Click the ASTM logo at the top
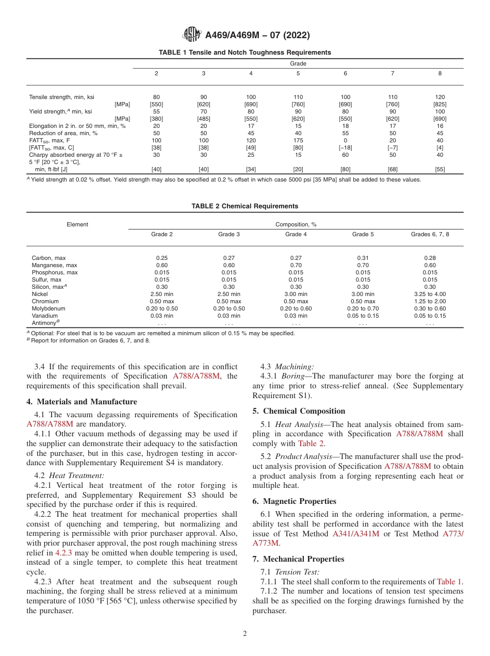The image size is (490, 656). tap(192, 35)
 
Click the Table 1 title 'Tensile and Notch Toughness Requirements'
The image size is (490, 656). tap(244, 53)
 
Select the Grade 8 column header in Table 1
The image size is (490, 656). tap(439, 73)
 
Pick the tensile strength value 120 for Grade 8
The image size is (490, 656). tap(439, 97)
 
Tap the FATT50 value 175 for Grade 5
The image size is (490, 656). tap(298, 140)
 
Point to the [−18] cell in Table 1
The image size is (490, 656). tap(345, 147)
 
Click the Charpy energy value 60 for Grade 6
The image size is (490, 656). tap(345, 155)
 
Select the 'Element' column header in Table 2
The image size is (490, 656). tap(77, 224)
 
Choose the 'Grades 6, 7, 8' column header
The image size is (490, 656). tap(430, 234)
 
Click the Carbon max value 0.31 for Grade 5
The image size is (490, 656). tap(363, 258)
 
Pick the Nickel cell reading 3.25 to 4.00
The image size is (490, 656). tap(430, 294)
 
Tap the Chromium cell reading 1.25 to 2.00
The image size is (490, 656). tap(430, 301)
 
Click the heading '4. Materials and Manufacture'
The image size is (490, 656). tap(81, 402)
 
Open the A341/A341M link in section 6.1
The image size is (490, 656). tap(356, 534)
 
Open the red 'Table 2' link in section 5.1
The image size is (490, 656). tap(311, 444)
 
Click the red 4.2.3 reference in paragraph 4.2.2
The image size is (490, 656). tap(64, 553)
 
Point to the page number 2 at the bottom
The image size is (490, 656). tap(245, 634)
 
